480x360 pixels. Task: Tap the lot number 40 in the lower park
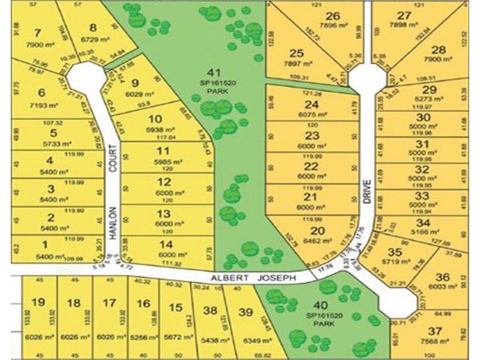[x=323, y=305]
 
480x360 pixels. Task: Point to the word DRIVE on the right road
[x=367, y=193]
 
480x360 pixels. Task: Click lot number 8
[x=93, y=27]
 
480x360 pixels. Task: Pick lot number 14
[x=167, y=244]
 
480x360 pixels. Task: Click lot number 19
[x=38, y=303]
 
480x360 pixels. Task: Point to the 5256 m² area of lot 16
[x=142, y=338]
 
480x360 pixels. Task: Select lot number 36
[x=442, y=277]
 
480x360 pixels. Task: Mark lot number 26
[x=333, y=16]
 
